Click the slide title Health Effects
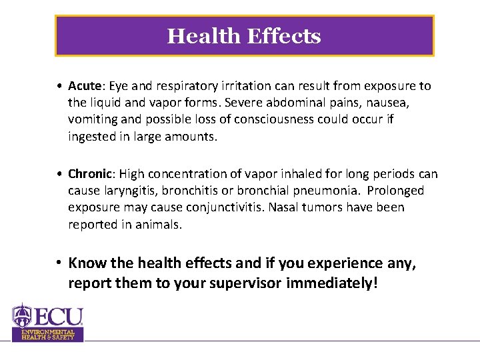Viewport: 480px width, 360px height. pos(244,36)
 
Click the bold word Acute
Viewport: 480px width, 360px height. pos(83,86)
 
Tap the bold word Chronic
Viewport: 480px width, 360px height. pos(89,174)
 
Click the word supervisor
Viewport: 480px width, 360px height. pos(246,283)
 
